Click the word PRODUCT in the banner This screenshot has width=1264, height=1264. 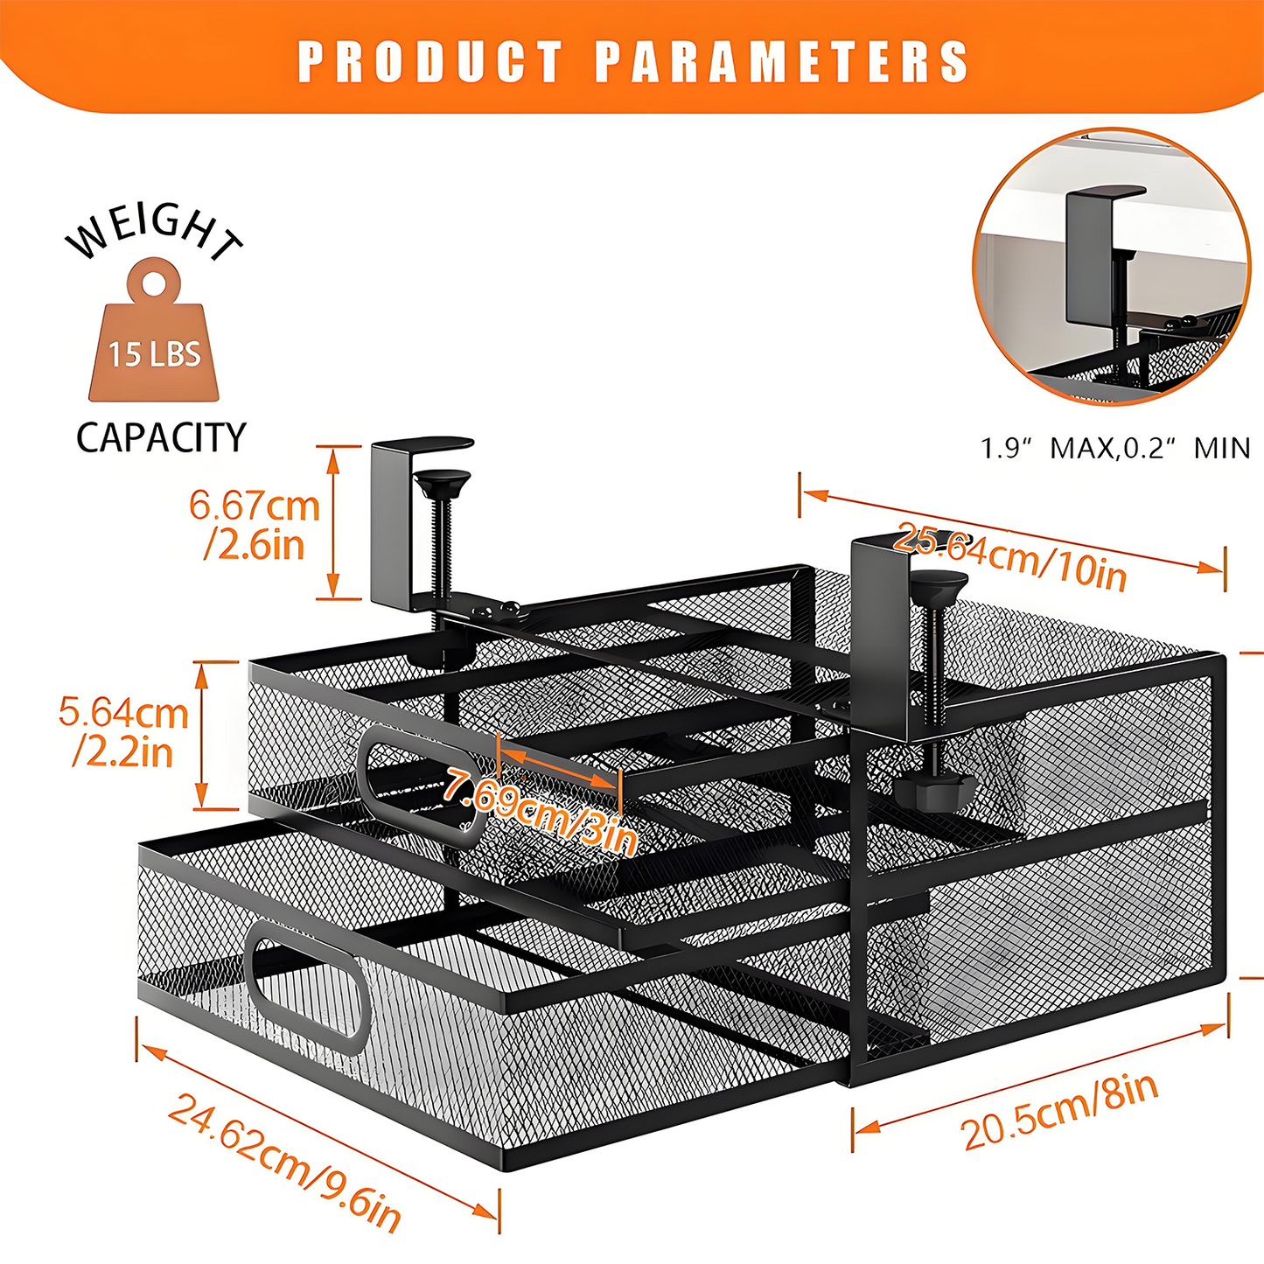pyautogui.click(x=430, y=61)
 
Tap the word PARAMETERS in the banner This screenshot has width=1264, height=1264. pyautogui.click(x=782, y=61)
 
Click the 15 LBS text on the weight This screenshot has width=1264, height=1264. pyautogui.click(x=154, y=355)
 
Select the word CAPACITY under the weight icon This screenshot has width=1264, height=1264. pyautogui.click(x=161, y=437)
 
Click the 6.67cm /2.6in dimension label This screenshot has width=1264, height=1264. pyautogui.click(x=254, y=526)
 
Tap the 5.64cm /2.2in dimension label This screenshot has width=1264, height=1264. pyautogui.click(x=123, y=732)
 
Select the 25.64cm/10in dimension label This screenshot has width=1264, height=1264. pyautogui.click(x=1010, y=557)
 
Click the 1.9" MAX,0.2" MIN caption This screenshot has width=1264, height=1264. pyautogui.click(x=1115, y=449)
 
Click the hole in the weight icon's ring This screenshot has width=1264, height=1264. pyautogui.click(x=156, y=283)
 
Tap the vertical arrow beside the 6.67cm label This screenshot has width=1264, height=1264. pyautogui.click(x=333, y=523)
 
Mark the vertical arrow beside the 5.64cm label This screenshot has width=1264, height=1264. pyautogui.click(x=202, y=737)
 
